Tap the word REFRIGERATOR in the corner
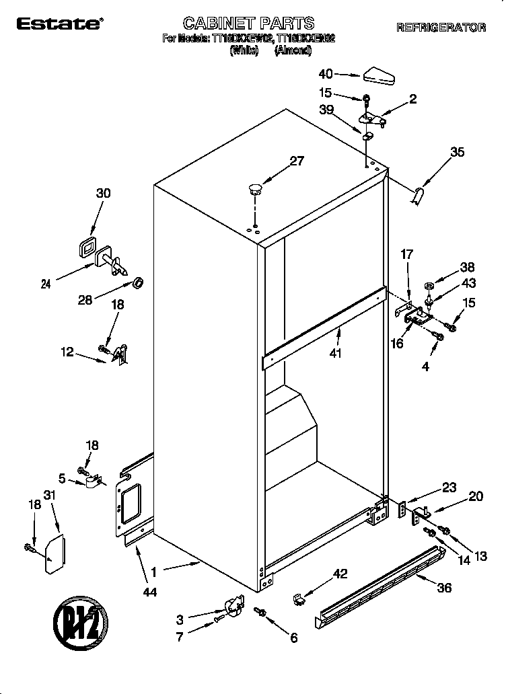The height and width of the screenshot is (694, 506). tap(441, 28)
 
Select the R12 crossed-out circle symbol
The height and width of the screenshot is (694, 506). tap(79, 620)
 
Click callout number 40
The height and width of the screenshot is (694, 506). tap(326, 74)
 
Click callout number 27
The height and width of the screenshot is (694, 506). tap(296, 161)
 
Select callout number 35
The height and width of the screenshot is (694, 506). tap(457, 153)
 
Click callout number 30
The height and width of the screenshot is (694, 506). tap(103, 193)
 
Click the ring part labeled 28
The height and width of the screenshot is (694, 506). tap(139, 282)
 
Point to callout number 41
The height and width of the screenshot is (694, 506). tap(336, 353)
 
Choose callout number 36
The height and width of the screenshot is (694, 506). tap(445, 587)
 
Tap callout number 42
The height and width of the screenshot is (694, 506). tap(341, 574)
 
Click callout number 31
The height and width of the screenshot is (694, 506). tap(48, 495)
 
